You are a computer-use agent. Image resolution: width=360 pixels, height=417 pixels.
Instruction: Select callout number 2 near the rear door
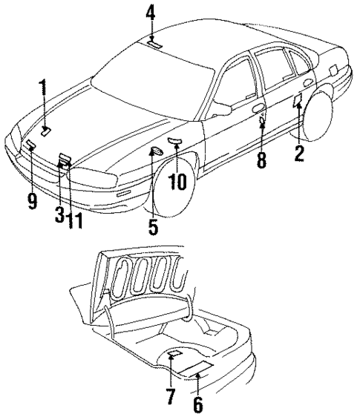(x=299, y=154)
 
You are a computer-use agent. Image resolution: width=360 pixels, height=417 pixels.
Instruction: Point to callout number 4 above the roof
(x=151, y=13)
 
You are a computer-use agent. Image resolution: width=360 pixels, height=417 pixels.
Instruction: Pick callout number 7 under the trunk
(x=170, y=397)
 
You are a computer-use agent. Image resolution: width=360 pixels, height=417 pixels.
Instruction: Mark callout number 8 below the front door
(x=261, y=160)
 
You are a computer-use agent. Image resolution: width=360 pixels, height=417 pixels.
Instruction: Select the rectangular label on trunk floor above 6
(x=196, y=368)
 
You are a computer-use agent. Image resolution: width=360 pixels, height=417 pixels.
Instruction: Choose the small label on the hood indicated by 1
(x=46, y=131)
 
